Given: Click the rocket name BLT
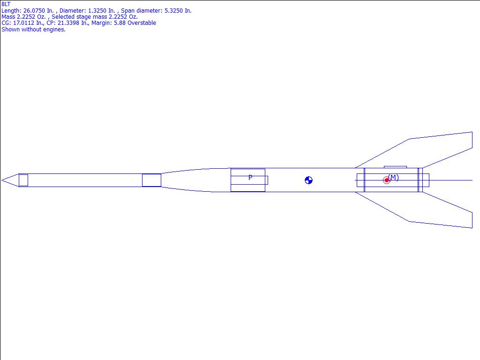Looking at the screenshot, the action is coord(6,4).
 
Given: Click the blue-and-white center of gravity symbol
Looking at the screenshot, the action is coord(308,180).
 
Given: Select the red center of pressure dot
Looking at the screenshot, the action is coord(387,180).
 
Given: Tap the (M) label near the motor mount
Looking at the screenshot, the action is coord(393,178).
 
